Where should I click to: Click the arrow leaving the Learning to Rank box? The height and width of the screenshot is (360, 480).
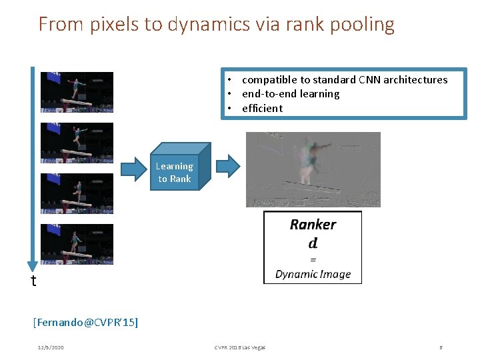coord(229,166)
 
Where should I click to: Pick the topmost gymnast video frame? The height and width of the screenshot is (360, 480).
coord(77,92)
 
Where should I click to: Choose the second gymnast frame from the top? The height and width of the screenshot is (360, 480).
coord(77,143)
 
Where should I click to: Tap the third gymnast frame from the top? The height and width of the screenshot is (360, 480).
coord(77,193)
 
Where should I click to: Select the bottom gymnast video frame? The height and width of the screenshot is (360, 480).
coord(77,244)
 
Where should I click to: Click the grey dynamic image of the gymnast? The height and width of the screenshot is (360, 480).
coord(313,169)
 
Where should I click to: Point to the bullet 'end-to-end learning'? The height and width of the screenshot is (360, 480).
coord(291,94)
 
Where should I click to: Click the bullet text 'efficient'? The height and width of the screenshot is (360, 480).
coord(262,108)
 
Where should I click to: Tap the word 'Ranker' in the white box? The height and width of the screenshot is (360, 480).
coord(313,225)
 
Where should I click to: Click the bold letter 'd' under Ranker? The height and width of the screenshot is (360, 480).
coord(313,243)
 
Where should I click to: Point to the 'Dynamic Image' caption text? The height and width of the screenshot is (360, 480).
coord(313,274)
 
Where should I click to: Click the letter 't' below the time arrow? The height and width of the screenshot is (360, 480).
coord(34,281)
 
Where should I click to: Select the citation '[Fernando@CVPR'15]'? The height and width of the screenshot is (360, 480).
coord(85,323)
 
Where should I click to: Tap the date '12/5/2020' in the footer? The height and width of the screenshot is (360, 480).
coord(51,347)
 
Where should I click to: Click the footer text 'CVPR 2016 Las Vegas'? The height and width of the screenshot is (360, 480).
coord(239,347)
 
